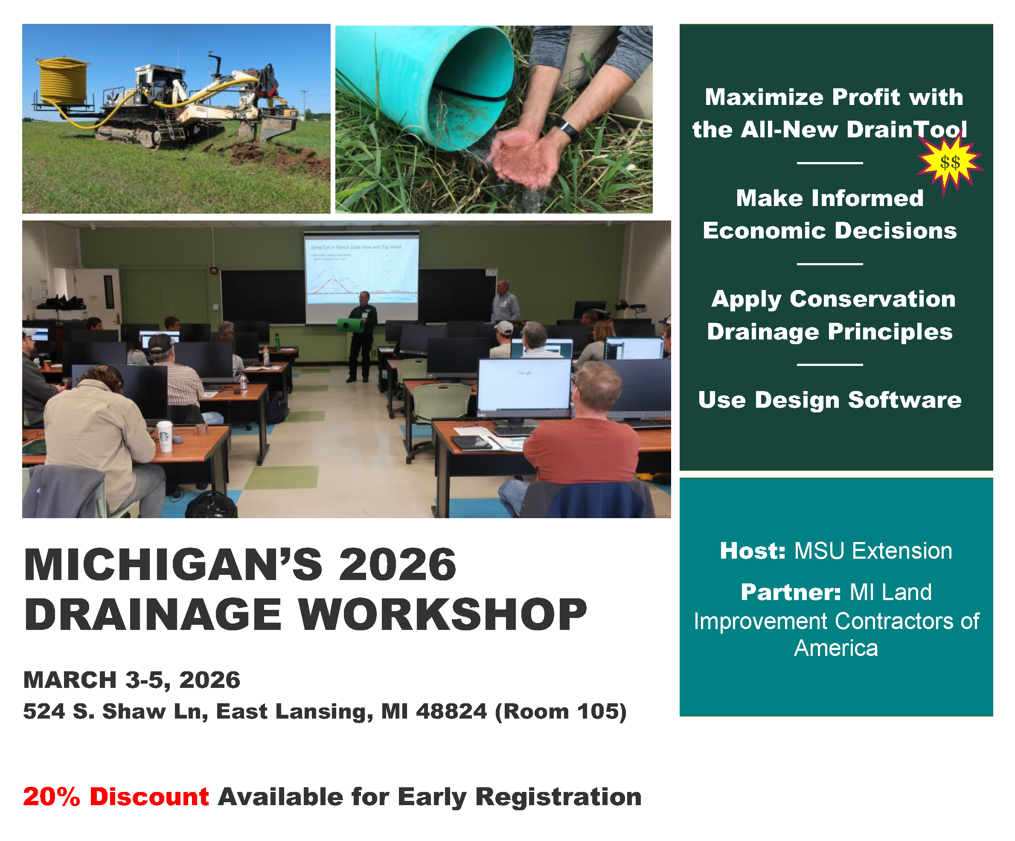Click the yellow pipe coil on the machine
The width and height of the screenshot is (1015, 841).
(63, 81)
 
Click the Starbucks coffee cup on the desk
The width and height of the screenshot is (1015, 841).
(164, 436)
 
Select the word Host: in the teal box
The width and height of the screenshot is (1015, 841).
(753, 551)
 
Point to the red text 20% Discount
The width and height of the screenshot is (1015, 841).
(116, 797)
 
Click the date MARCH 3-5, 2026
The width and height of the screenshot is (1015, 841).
(131, 680)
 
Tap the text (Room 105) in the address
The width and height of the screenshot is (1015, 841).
(561, 711)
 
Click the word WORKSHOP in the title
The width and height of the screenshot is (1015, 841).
(442, 615)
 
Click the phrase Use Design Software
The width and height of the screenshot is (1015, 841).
(829, 400)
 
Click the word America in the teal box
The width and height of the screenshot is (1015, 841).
(836, 648)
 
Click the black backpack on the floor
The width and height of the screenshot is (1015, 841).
(212, 505)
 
